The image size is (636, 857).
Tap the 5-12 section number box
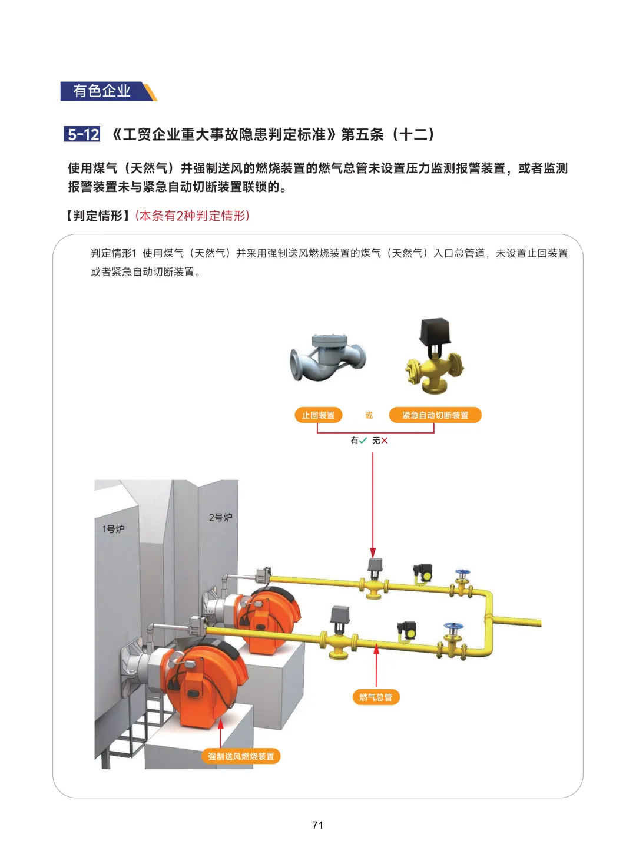(x=82, y=134)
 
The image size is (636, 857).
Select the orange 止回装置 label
(x=319, y=415)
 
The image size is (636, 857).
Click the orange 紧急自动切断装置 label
(x=435, y=415)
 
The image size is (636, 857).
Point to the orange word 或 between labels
(x=369, y=415)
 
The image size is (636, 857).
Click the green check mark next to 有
(x=363, y=440)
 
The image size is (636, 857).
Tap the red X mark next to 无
(x=384, y=441)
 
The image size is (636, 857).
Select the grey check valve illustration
(x=327, y=358)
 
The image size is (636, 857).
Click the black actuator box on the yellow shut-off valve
(x=435, y=331)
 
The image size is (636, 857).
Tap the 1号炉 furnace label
(x=113, y=529)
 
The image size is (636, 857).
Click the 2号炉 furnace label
(x=221, y=517)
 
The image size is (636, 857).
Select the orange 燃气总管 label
(x=376, y=697)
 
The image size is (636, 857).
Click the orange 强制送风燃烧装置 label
(x=241, y=756)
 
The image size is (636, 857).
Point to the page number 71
(x=317, y=825)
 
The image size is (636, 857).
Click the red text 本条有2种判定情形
(x=193, y=216)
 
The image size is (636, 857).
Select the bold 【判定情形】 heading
(x=98, y=216)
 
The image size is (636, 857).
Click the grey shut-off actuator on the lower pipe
(x=340, y=615)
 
